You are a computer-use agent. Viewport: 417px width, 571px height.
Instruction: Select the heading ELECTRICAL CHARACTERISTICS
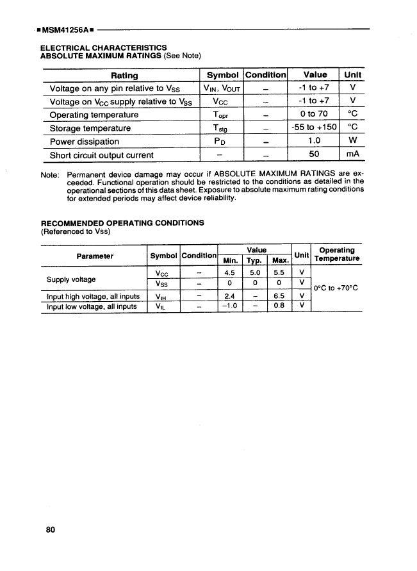(103, 47)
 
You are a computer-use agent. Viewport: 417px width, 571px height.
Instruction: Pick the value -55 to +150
(314, 128)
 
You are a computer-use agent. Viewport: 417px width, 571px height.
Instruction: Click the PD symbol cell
(220, 142)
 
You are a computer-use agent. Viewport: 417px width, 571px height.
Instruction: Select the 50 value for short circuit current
(314, 155)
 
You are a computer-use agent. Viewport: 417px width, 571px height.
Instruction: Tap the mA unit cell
(352, 155)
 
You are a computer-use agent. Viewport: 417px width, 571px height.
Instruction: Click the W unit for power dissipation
(352, 142)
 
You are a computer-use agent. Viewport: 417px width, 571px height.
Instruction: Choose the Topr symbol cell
(220, 115)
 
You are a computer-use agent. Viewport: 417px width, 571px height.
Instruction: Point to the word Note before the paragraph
(50, 174)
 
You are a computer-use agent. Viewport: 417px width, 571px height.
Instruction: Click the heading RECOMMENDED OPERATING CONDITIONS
(122, 223)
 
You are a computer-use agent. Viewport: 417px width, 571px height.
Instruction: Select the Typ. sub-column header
(255, 261)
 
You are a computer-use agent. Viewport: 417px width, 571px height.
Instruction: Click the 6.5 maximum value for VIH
(279, 296)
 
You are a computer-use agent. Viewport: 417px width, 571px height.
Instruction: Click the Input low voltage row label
(92, 306)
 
